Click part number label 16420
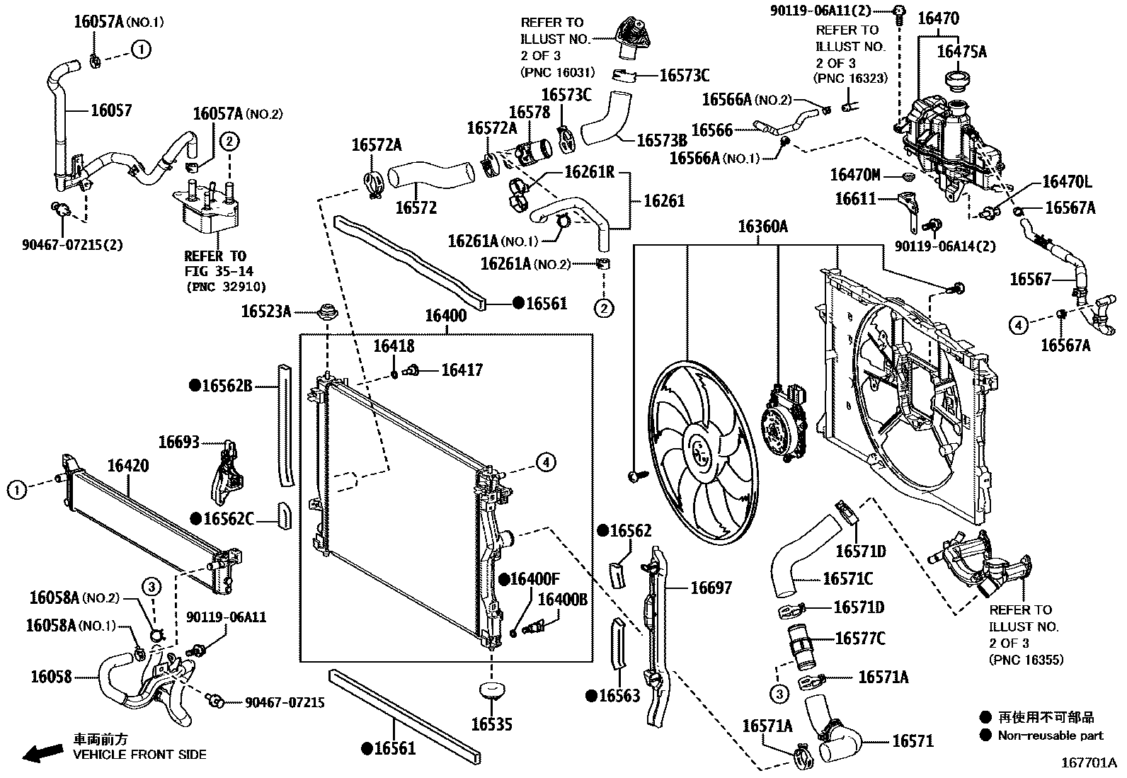pos(128,465)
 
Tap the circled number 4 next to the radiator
pos(545,462)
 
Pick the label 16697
pos(711,588)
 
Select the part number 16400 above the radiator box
pos(445,316)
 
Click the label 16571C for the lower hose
pos(847,579)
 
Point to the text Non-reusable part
pos(1051,735)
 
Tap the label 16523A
pos(265,311)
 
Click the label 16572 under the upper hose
pos(416,207)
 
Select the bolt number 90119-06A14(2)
pos(944,246)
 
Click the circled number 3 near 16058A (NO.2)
pos(151,586)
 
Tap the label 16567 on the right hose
pos(1030,279)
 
